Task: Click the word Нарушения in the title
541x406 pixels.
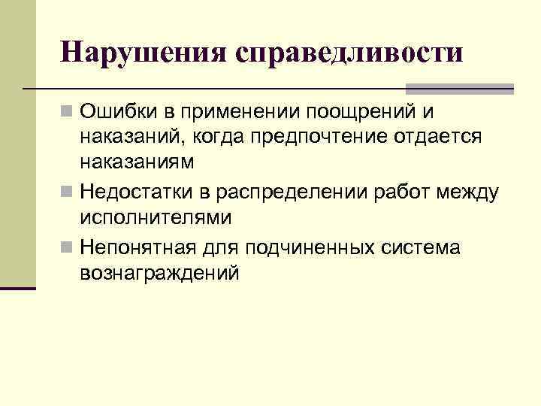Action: [143, 53]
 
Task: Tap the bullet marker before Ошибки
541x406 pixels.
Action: [68, 113]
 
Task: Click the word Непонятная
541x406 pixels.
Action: [140, 247]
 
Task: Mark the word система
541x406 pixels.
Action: [424, 247]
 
